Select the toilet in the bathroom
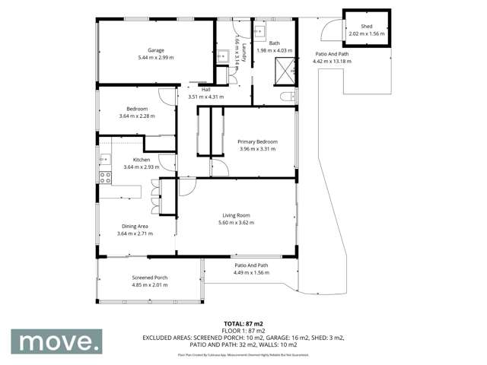[285, 97]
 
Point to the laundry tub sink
[224, 56]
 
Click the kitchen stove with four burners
[105, 178]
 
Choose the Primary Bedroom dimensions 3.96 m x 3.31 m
[256, 149]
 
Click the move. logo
[60, 341]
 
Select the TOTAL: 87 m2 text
[244, 323]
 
